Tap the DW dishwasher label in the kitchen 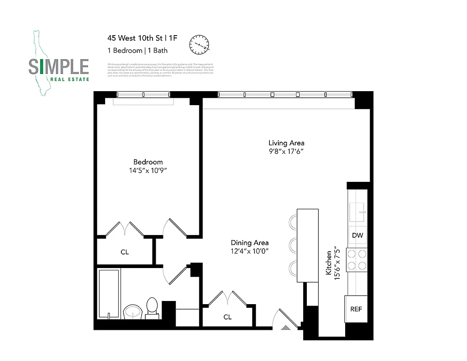(x=357, y=236)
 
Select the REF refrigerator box (x=356, y=310)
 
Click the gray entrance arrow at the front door (x=286, y=328)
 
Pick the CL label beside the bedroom (x=125, y=252)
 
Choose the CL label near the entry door (x=227, y=317)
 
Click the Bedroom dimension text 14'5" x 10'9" (x=148, y=171)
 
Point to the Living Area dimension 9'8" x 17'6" (x=287, y=152)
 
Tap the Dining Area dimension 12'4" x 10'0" (x=250, y=251)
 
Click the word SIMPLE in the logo (x=59, y=67)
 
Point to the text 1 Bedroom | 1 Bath (x=137, y=51)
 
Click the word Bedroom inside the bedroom (x=148, y=162)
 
